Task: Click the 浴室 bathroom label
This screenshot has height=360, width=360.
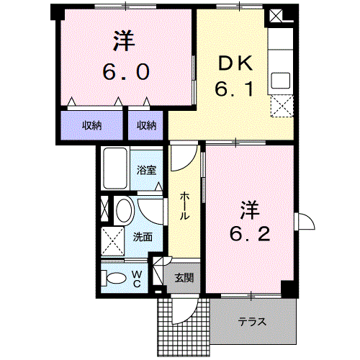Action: coord(146,170)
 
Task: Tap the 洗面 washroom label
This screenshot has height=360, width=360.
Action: coord(143,237)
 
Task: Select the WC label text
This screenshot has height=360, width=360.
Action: coord(137,279)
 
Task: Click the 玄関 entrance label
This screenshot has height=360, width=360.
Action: coord(184,278)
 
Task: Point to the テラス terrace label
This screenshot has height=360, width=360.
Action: coord(252,321)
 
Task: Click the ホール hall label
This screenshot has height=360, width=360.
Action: coord(184,206)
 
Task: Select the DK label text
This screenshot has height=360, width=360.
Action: coord(235,63)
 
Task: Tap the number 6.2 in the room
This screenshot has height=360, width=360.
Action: coord(250,234)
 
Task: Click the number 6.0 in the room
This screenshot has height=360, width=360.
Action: coord(126,72)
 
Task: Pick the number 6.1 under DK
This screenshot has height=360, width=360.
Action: coord(234,89)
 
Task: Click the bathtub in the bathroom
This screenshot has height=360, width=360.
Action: coord(115,168)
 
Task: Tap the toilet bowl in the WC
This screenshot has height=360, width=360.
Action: coord(114,279)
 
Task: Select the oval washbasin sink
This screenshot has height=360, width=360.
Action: coord(124,210)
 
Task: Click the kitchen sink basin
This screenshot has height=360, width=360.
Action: coord(280,81)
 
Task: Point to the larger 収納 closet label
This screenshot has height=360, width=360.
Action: coord(91,125)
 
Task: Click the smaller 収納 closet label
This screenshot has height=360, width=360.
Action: coord(146,125)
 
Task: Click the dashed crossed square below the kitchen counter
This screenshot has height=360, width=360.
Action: coord(282,106)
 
